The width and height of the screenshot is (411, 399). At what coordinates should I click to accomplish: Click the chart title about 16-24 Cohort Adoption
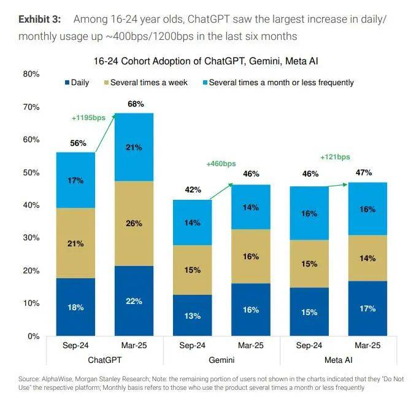205,61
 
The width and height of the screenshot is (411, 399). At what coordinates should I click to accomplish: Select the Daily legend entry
77,82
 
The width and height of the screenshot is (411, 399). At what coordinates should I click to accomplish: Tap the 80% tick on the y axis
31,74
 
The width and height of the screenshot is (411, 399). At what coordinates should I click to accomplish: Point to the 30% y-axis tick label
31,238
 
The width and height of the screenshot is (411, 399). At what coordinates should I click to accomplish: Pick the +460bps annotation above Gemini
221,164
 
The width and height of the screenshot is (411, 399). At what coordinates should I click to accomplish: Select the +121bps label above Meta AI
335,157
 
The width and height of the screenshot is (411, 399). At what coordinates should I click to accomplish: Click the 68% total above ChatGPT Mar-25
136,104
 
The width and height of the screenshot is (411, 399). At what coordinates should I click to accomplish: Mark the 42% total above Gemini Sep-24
193,190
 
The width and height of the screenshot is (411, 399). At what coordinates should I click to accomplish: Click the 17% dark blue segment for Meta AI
366,308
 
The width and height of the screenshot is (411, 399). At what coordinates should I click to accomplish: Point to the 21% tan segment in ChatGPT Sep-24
76,243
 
